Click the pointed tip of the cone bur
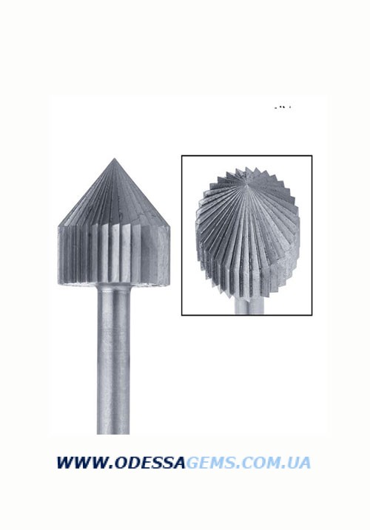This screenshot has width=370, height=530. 115,158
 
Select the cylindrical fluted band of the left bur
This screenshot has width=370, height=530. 115,255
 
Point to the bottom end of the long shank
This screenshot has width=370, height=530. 113,434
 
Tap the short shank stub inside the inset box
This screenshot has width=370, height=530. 249,306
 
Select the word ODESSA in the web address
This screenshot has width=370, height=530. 150,463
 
